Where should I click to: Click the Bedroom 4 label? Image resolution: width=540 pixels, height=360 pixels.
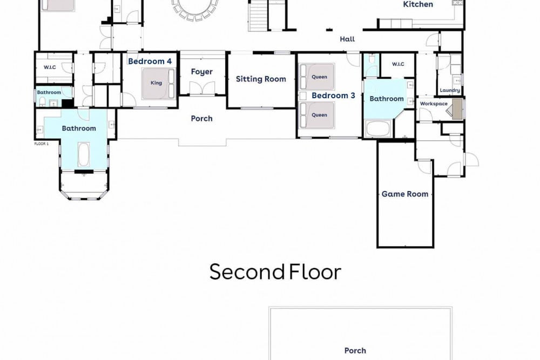coord(150,62)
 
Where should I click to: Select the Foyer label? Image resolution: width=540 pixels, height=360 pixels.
coord(202,72)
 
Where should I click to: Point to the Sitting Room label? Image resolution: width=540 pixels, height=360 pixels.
coord(261,79)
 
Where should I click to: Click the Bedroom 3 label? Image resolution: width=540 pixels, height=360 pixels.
coord(333,96)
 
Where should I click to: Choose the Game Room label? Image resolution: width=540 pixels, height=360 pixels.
coord(405,194)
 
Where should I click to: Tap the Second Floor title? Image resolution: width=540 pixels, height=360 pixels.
coord(275,272)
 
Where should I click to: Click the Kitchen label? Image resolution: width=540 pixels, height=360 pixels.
coord(418,4)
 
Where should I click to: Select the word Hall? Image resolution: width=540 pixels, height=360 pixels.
coord(347,39)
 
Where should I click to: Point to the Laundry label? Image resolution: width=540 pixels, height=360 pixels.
coord(450,90)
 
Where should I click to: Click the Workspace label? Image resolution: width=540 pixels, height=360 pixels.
coord(434,104)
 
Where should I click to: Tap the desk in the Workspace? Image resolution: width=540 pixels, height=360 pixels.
coord(457,109)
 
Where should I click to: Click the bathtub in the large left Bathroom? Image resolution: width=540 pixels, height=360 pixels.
coord(84,154)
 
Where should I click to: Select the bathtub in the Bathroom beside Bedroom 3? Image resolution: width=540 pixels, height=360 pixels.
coord(378,128)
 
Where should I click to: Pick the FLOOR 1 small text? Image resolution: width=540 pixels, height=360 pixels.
coord(42,144)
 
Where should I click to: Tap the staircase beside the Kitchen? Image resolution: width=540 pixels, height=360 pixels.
coord(257,16)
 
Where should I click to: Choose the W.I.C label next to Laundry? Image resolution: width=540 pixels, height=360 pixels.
coord(398,64)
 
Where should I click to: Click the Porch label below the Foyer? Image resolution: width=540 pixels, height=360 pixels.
coord(202,119)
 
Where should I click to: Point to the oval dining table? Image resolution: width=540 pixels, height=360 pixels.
coord(195,7)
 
